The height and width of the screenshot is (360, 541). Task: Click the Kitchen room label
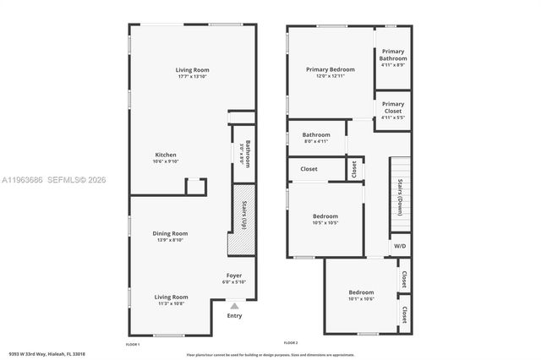pos(166,155)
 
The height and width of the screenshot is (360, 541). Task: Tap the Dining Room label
pos(171,233)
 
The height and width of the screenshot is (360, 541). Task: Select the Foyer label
pos(234,275)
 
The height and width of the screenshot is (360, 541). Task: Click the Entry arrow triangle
pos(234,307)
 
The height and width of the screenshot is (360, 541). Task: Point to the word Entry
pos(234,316)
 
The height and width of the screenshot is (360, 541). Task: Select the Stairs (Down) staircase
pos(400,195)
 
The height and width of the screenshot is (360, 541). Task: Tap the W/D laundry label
pos(400,246)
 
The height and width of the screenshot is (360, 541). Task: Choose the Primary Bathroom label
pos(393,55)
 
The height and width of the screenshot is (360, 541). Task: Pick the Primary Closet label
pos(393,107)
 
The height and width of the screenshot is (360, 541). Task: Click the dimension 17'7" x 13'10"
pos(193,77)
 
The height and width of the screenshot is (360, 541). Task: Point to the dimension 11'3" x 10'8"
pos(171,303)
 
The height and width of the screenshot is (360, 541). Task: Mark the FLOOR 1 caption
pos(133,345)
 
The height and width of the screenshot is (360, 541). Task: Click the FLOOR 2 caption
pos(291,342)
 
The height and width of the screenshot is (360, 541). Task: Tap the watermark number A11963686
pos(22,180)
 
